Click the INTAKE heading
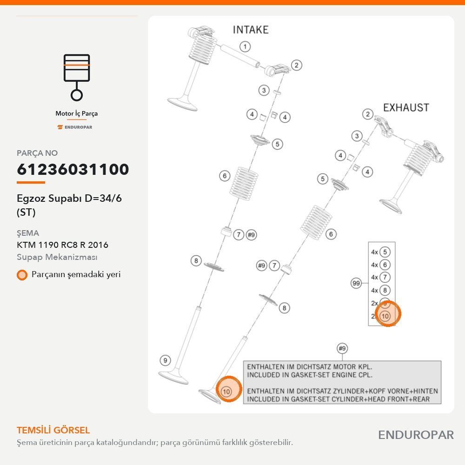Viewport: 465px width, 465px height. point(251,30)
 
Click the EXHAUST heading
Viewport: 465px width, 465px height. point(406,107)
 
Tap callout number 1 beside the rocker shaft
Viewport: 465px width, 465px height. point(245,46)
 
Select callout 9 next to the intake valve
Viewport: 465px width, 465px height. point(165,361)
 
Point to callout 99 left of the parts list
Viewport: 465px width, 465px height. point(356,283)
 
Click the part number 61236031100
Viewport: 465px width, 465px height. point(73,169)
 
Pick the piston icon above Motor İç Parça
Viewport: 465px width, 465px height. point(77,77)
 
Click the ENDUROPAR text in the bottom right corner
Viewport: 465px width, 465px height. point(416,435)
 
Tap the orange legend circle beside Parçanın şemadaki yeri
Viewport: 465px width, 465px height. point(22,275)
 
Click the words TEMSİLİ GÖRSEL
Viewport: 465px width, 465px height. point(53,430)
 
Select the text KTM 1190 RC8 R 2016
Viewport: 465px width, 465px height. point(63,245)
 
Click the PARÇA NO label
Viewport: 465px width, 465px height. point(37,153)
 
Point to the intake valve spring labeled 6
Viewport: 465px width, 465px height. point(244,181)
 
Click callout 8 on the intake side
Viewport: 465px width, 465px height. point(196,261)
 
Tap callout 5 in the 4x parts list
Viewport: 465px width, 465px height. point(385,252)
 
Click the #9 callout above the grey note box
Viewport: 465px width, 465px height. point(342,348)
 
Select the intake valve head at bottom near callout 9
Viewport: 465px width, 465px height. point(173,377)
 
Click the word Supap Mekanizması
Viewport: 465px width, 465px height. point(57,257)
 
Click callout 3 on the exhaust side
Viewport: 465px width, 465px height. point(357,136)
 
